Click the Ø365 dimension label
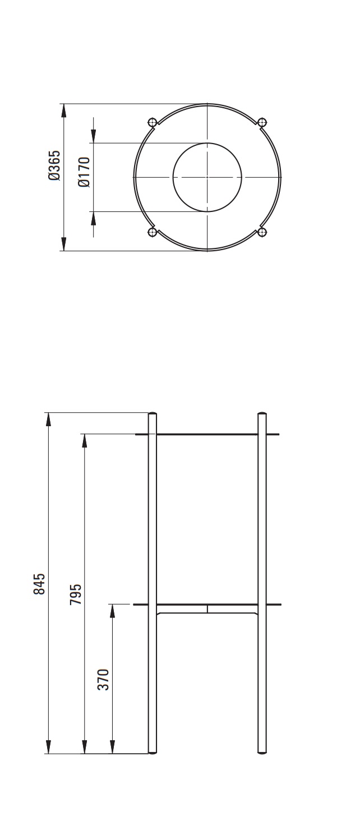(54, 165)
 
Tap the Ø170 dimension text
(84, 172)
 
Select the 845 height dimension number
(39, 583)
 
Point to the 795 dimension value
(75, 594)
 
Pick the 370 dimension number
(103, 680)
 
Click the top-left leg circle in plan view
(152, 122)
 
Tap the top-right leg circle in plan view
(262, 122)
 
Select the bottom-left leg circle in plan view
(152, 232)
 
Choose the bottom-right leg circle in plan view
(262, 232)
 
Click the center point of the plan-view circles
(207, 177)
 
